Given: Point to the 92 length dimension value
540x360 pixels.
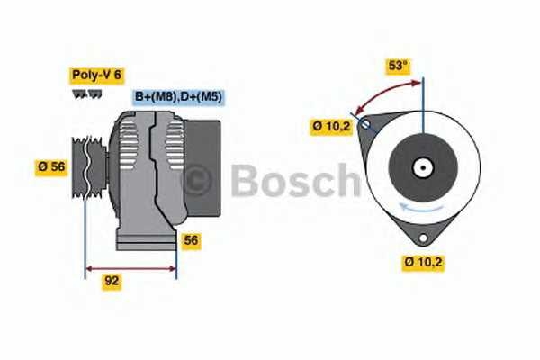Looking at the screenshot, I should coord(112,281).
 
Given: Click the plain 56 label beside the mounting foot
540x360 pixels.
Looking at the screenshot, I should coord(191,240).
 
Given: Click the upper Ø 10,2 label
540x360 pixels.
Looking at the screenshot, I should coord(331,127).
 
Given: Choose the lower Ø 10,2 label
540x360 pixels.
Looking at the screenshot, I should coord(424,263).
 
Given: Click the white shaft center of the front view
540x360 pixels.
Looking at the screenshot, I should coord(420,167).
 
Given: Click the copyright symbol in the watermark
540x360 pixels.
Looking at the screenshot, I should coord(197,181).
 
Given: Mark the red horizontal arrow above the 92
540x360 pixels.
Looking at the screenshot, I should coord(130,267).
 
